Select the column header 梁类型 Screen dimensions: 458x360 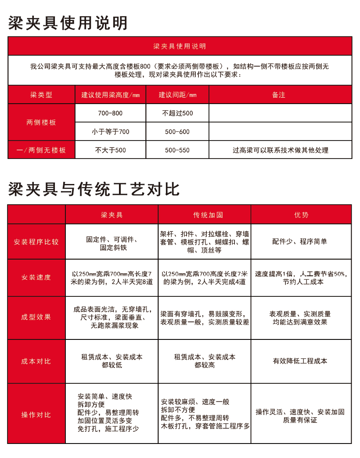[x=41, y=95]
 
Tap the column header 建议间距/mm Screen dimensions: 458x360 [x=177, y=95]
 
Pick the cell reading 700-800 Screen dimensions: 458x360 [x=111, y=113]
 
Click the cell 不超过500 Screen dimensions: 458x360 [x=177, y=113]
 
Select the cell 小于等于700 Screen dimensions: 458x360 [x=111, y=132]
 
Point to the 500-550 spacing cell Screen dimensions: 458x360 [x=177, y=150]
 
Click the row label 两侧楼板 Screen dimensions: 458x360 [x=41, y=123]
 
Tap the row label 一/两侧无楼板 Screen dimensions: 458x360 [x=41, y=150]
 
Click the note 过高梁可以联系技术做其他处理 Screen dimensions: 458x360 [x=281, y=150]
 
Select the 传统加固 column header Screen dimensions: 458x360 [x=205, y=215]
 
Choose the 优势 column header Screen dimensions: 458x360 [x=301, y=215]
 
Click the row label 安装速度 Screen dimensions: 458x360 [x=36, y=278]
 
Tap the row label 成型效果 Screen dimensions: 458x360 [x=36, y=317]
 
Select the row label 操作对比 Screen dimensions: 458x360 [x=36, y=415]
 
